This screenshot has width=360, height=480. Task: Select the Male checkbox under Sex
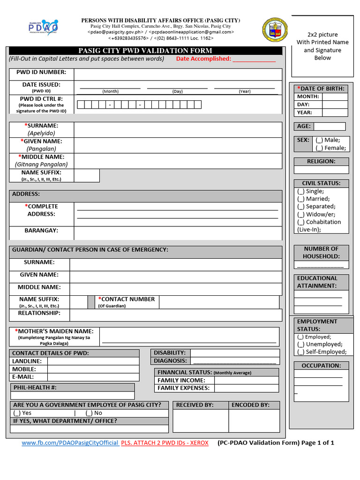(x=319, y=140)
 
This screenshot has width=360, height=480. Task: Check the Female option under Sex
(x=319, y=148)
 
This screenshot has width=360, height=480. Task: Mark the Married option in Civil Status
(x=300, y=199)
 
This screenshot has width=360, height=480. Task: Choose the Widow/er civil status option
(x=300, y=214)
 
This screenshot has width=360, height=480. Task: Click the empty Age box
(x=329, y=127)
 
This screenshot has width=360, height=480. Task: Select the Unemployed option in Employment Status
(x=300, y=344)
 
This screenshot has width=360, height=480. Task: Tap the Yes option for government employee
(x=17, y=413)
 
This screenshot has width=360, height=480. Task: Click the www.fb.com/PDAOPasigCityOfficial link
(x=70, y=443)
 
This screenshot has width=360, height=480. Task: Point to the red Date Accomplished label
(x=203, y=59)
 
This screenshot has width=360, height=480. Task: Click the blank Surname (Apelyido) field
(x=178, y=130)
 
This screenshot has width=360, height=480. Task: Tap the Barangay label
(x=41, y=231)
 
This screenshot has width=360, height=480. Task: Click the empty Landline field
(x=93, y=361)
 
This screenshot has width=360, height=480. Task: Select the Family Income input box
(x=246, y=380)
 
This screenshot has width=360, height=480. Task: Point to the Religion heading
(x=321, y=161)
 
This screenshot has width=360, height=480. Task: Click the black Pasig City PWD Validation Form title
(x=145, y=51)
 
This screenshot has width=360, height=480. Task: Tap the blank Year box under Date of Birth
(x=335, y=112)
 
